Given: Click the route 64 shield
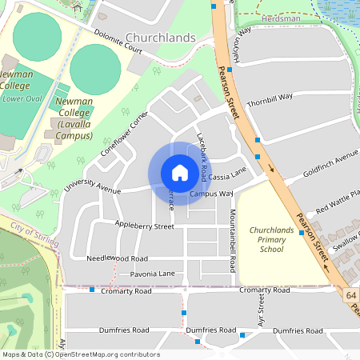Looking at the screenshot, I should [x=351, y=295].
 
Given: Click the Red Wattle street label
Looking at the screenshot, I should [x=338, y=202].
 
